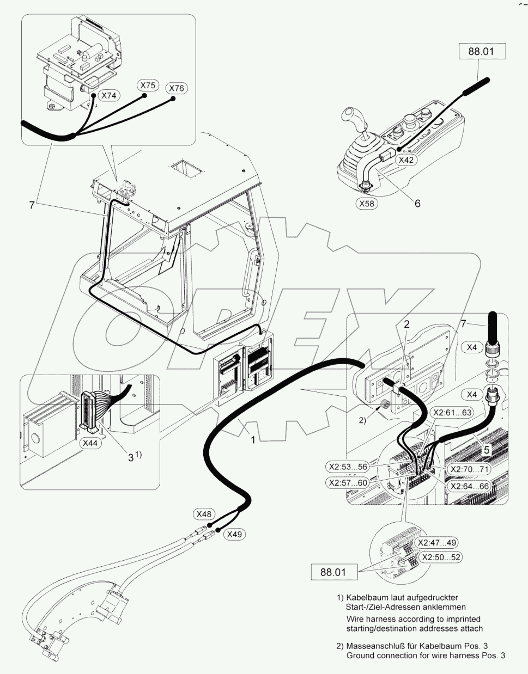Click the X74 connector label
[111, 95]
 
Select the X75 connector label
[148, 85]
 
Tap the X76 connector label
[176, 88]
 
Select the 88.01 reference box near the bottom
[334, 572]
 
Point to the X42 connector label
[406, 160]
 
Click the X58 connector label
[366, 203]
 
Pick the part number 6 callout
[417, 203]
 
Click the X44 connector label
[90, 443]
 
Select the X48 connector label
[204, 514]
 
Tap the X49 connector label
[234, 534]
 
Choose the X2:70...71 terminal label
[468, 468]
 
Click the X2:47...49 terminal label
[437, 543]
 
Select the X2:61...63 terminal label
[452, 412]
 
